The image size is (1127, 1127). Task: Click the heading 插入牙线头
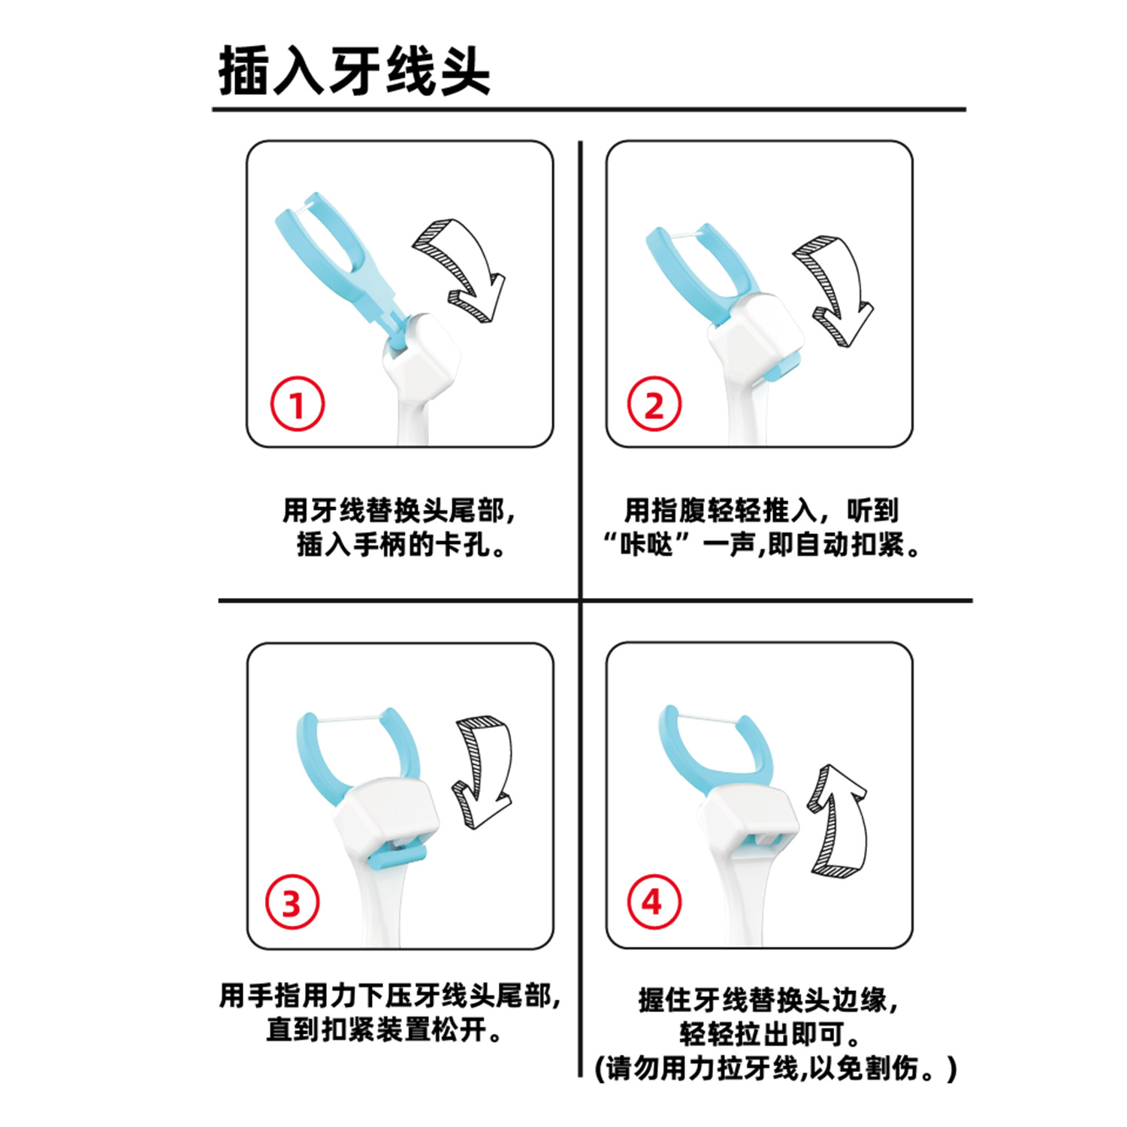[x=354, y=71]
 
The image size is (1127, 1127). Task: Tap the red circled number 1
[x=298, y=405]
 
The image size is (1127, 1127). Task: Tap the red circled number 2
[x=654, y=405]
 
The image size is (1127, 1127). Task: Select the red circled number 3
[x=292, y=902]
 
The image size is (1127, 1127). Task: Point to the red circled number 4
[x=654, y=901]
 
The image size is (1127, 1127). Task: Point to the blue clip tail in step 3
[x=397, y=856]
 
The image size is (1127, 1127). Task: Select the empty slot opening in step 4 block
[x=768, y=840]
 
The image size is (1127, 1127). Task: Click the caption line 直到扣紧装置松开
[x=384, y=1029]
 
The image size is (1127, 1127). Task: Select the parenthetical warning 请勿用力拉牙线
[x=775, y=1068]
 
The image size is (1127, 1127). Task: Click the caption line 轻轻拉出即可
[x=769, y=1034]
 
